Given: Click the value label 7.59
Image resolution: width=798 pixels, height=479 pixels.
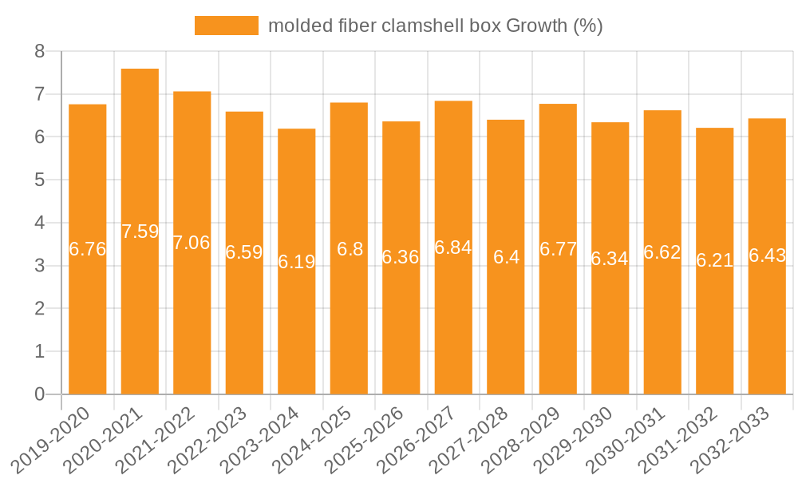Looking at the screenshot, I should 140,232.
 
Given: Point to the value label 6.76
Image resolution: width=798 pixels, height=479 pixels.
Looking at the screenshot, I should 88,249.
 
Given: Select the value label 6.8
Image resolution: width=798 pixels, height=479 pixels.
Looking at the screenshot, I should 350,249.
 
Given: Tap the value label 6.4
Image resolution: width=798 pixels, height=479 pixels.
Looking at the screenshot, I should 506,257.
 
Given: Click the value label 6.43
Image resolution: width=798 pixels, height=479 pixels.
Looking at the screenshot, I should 767,255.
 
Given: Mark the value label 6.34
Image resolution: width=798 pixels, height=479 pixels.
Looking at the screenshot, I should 610,259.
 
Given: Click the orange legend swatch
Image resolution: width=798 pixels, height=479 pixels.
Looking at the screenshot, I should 227,26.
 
